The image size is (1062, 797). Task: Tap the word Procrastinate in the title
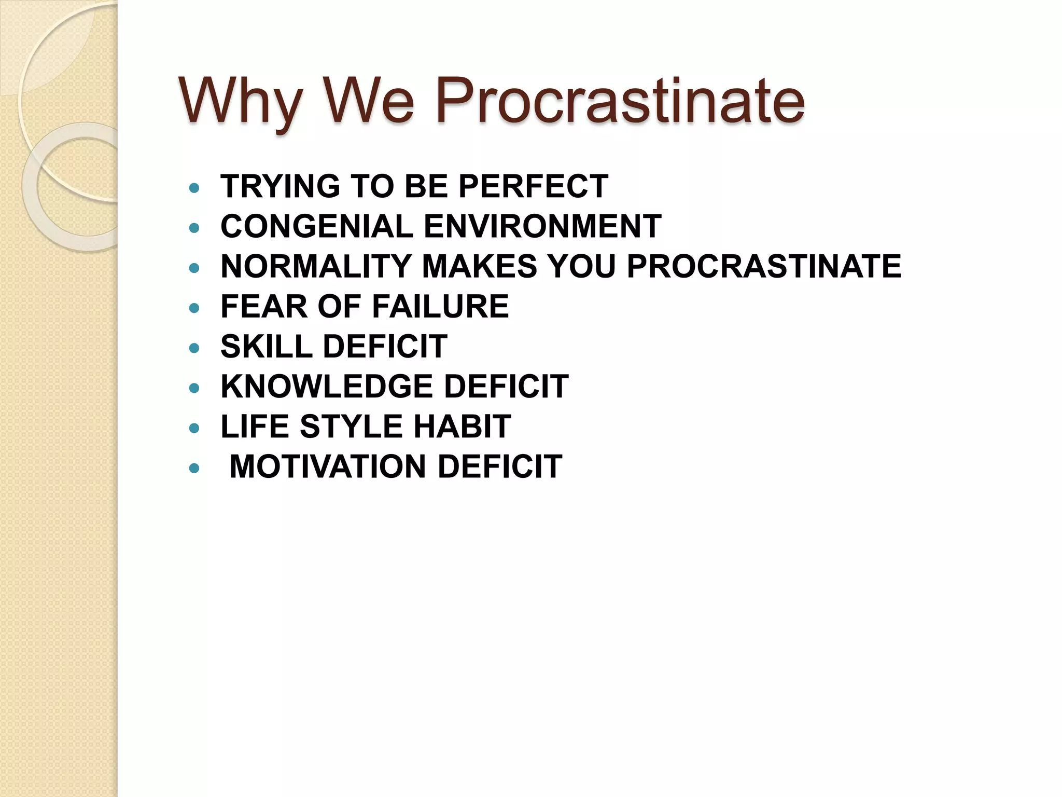(620, 101)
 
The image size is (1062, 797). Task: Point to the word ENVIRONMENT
(542, 226)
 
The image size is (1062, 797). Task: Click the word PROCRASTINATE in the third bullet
(764, 266)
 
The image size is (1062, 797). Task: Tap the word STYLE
(351, 427)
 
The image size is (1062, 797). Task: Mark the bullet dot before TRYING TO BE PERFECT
(194, 188)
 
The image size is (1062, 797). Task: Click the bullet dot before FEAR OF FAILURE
(194, 308)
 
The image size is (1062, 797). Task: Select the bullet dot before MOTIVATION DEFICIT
(194, 469)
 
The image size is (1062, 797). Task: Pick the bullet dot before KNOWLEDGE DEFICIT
(194, 388)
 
